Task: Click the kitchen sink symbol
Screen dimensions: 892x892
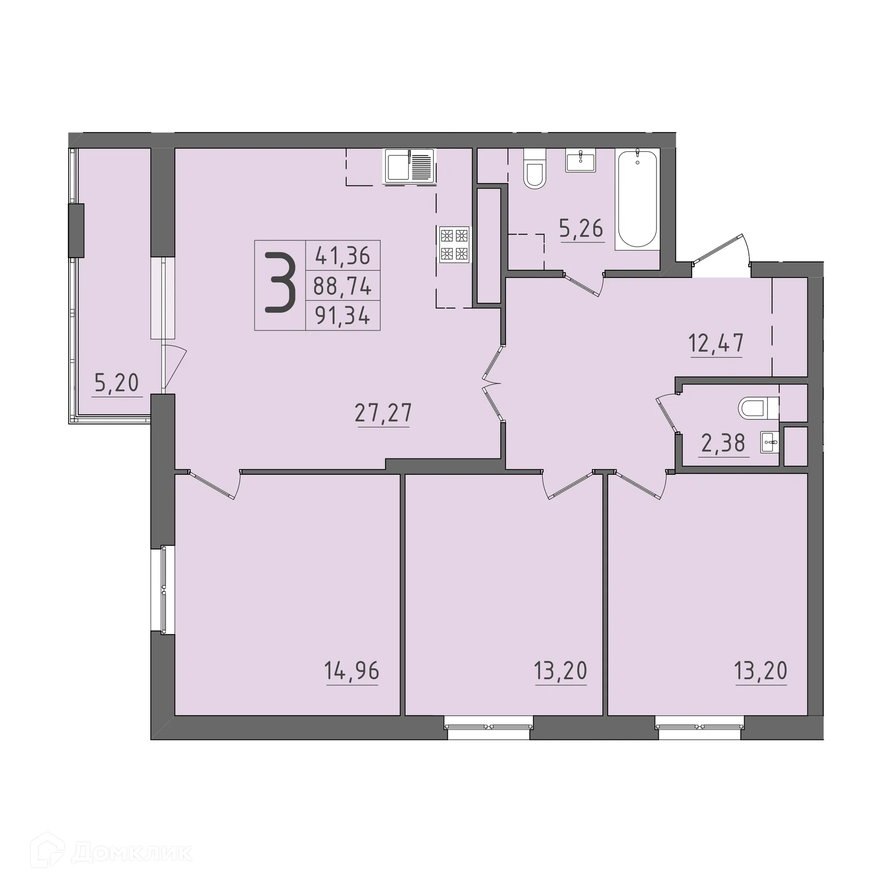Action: tap(409, 166)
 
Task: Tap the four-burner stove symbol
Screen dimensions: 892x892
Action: tap(454, 244)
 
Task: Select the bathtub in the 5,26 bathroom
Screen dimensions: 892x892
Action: tap(637, 199)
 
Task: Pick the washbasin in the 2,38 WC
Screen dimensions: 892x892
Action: tap(770, 442)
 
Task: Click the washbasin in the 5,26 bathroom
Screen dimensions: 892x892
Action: tap(580, 161)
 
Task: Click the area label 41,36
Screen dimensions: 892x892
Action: tap(343, 255)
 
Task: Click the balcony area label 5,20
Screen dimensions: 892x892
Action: tap(117, 383)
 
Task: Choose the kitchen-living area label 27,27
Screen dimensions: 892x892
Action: tap(383, 413)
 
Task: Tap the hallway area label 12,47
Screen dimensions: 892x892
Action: tap(716, 344)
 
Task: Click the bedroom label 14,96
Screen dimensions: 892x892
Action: tap(352, 671)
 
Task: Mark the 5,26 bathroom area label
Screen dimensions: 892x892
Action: tap(581, 229)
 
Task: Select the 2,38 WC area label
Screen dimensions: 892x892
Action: tap(723, 443)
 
